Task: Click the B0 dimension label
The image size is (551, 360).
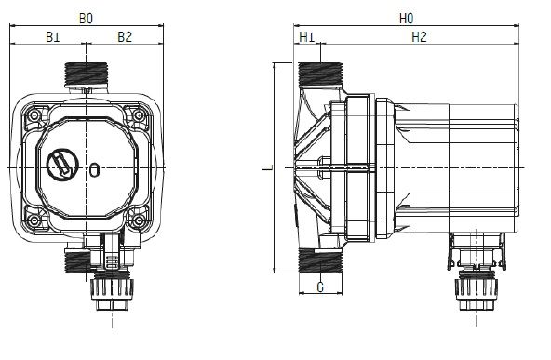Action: [86, 19]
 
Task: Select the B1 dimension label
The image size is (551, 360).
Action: [53, 37]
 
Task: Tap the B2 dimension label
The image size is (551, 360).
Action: [125, 37]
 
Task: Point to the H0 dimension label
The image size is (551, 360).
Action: [406, 19]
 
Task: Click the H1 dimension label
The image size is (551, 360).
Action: [307, 37]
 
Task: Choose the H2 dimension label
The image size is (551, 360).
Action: [419, 37]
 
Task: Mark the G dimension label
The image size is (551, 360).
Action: [320, 287]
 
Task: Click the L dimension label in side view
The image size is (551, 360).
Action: [268, 169]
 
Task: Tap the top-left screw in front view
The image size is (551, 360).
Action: [34, 115]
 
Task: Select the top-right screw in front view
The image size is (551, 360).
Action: [139, 115]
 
